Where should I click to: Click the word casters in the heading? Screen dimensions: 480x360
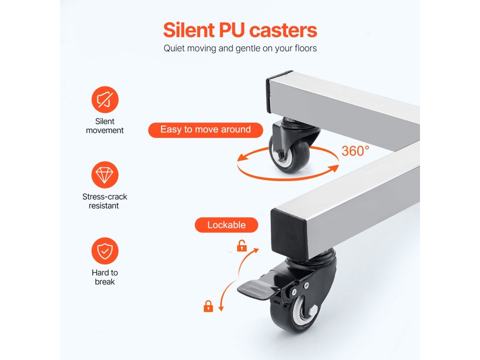tap(283, 30)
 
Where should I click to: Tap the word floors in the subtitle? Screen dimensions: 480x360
tap(303, 48)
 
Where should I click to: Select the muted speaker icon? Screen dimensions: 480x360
tap(105, 99)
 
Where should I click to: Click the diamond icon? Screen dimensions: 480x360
tap(105, 175)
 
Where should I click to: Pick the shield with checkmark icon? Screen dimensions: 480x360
tap(105, 251)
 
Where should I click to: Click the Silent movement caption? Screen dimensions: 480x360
tap(105, 126)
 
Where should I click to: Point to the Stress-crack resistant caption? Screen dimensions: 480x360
tap(105, 201)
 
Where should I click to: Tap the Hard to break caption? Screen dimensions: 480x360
tap(105, 277)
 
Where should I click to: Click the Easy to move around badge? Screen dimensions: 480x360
tap(205, 130)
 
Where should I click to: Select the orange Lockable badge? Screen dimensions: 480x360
tap(226, 225)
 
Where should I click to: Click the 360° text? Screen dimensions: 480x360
tap(355, 151)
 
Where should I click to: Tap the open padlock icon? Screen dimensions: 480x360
tap(241, 246)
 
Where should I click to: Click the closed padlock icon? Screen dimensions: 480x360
tap(208, 307)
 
